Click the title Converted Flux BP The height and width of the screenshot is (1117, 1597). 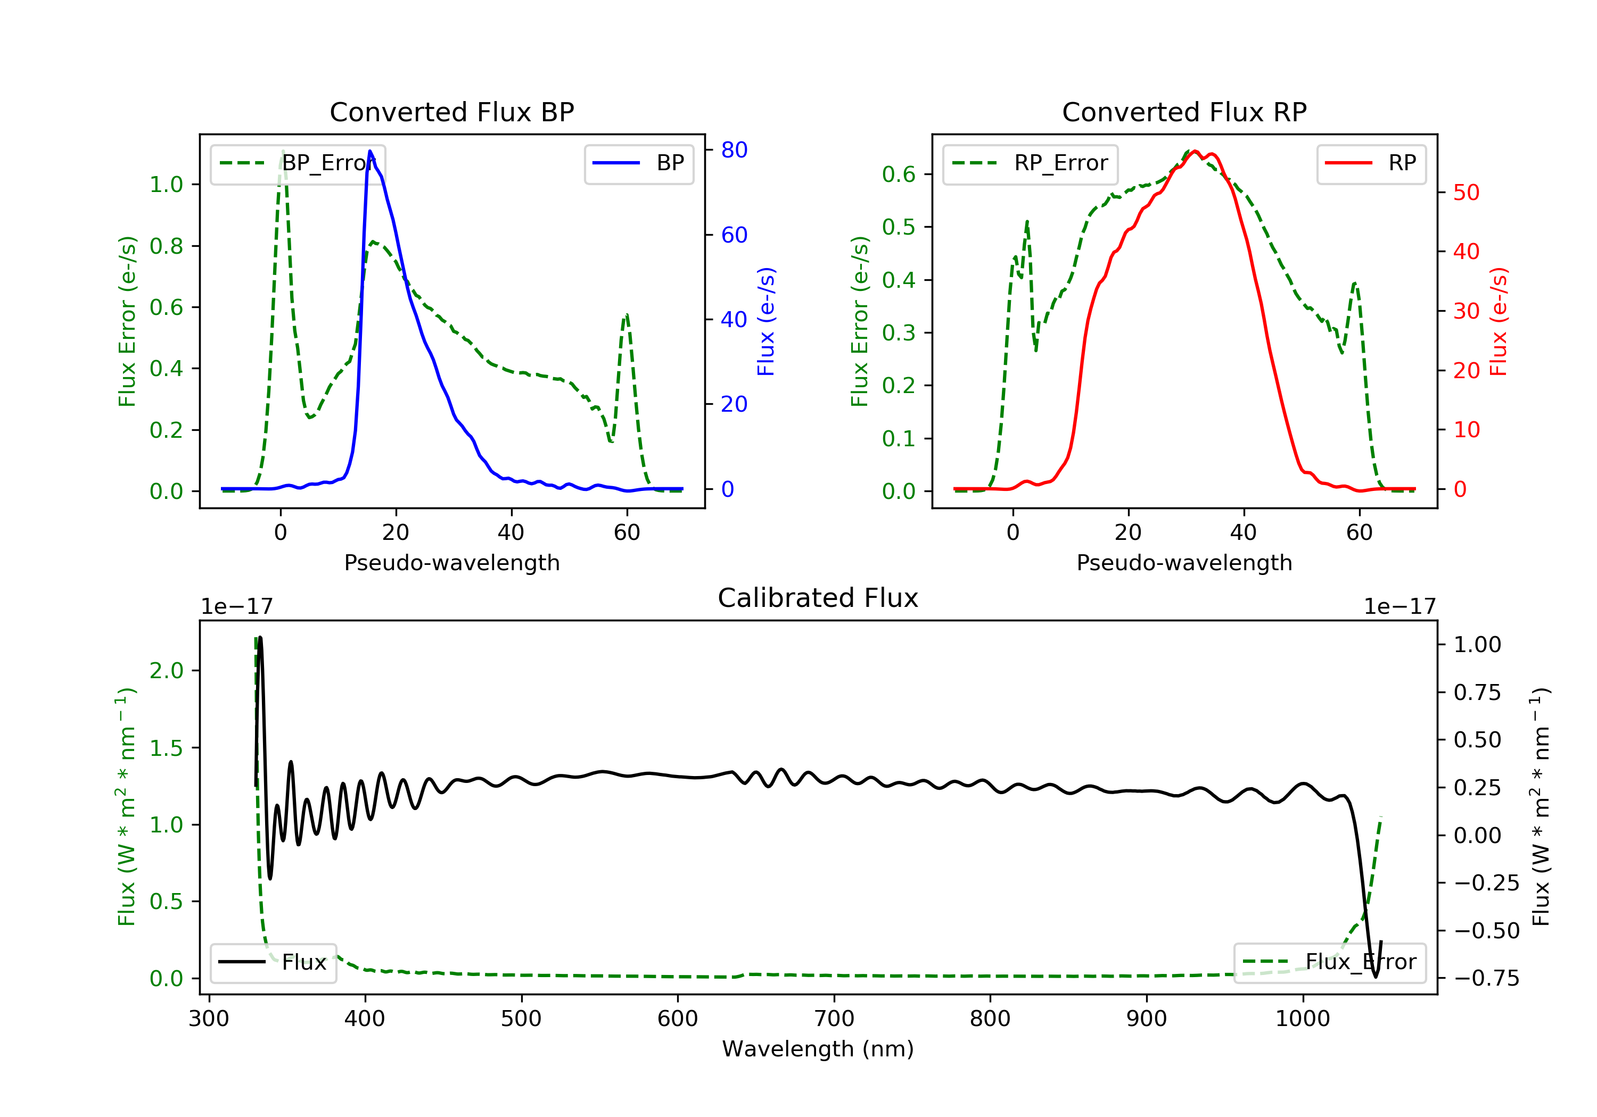point(451,112)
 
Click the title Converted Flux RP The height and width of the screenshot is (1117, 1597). point(1184,112)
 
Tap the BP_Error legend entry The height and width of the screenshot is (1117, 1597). point(298,163)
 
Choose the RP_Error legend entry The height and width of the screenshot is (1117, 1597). point(1030,163)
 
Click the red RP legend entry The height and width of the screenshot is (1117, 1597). point(1371,163)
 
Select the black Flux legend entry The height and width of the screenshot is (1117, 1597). point(274,962)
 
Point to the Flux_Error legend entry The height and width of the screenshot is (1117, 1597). point(1329,962)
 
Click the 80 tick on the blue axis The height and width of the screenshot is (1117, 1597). point(734,149)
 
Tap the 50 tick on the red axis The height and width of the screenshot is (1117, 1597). point(1466,193)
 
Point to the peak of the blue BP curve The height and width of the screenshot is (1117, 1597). point(370,151)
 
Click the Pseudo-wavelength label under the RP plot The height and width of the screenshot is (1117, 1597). point(1184,562)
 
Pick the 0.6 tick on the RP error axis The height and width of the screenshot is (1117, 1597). point(899,174)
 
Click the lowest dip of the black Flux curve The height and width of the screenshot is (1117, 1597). point(1375,977)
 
